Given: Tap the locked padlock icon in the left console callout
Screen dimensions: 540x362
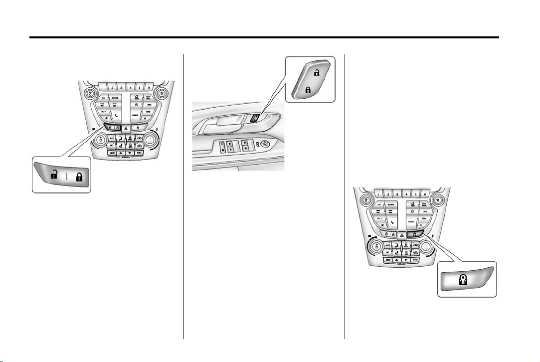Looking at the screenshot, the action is (78, 175).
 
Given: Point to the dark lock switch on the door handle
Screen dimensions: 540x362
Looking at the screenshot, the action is (253, 118).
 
